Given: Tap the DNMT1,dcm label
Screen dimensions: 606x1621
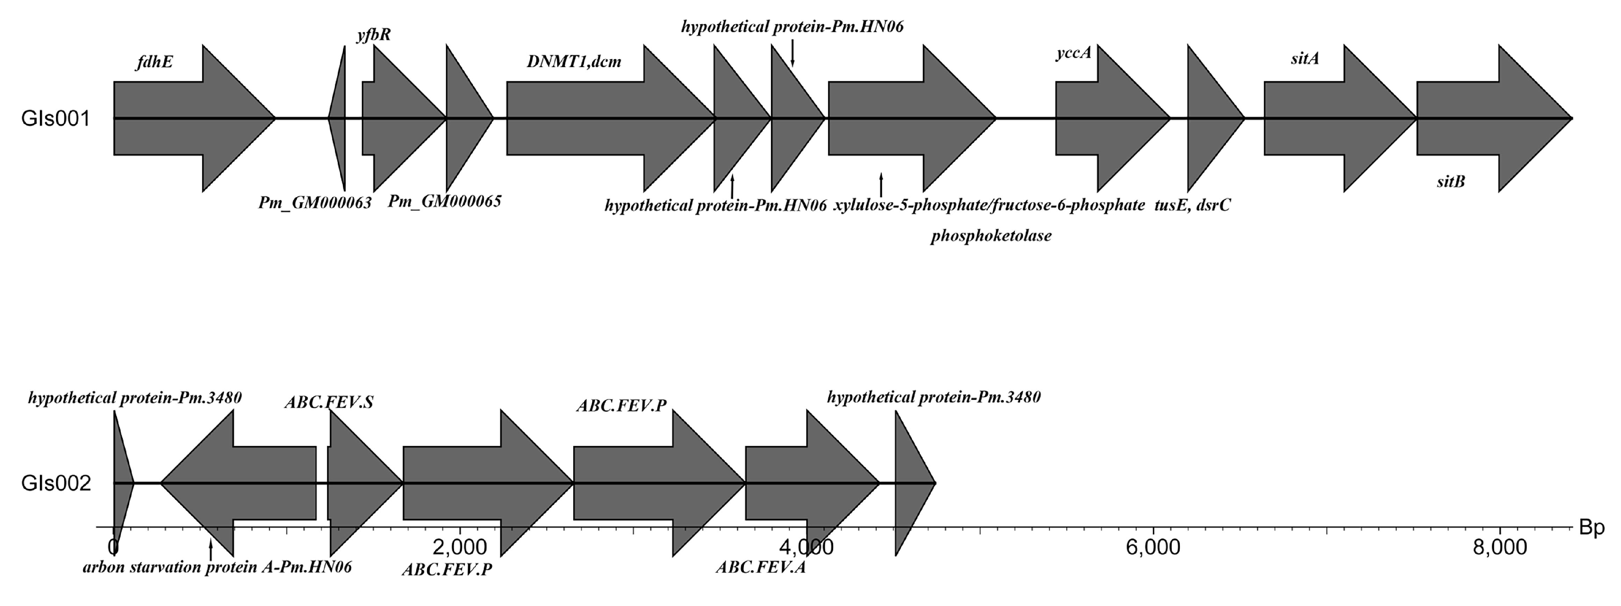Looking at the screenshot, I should [574, 61].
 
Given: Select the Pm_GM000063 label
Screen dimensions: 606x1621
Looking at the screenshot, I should [315, 203].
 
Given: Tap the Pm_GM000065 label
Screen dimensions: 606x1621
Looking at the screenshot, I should [444, 201].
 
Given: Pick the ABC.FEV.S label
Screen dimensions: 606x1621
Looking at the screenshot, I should [328, 402].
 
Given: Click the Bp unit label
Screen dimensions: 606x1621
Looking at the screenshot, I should [1592, 529].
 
